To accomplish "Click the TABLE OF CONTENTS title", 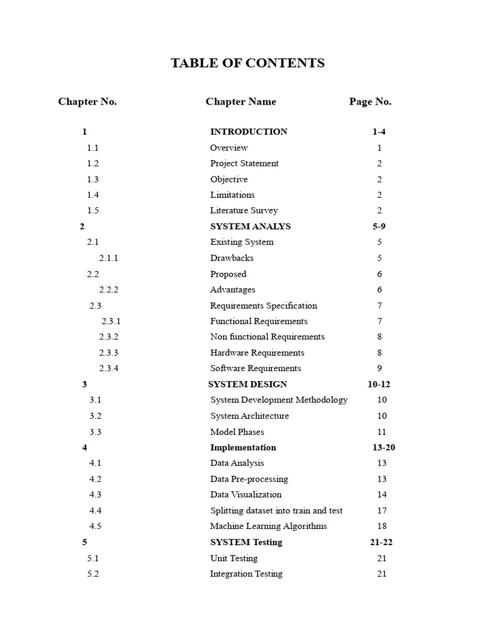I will tap(248, 63).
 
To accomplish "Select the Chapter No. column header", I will tap(87, 101).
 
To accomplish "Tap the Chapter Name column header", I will tap(241, 101).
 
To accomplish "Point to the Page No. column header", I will tap(370, 101).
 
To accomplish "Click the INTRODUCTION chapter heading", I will tap(249, 131).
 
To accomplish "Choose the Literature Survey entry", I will tap(244, 210).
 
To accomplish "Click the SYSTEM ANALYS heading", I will tap(250, 226).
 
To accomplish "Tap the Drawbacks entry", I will tap(232, 258).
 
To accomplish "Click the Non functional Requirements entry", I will tap(267, 337).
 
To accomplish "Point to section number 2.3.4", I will tap(109, 368).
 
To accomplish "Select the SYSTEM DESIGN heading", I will tap(247, 384).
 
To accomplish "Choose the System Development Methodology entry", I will tap(279, 400).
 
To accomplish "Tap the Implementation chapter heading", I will tap(243, 447).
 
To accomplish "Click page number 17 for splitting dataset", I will tap(381, 510).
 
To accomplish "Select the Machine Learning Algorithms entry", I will tap(268, 526).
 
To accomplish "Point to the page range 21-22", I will tap(381, 542).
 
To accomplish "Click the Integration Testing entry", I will tap(246, 573).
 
